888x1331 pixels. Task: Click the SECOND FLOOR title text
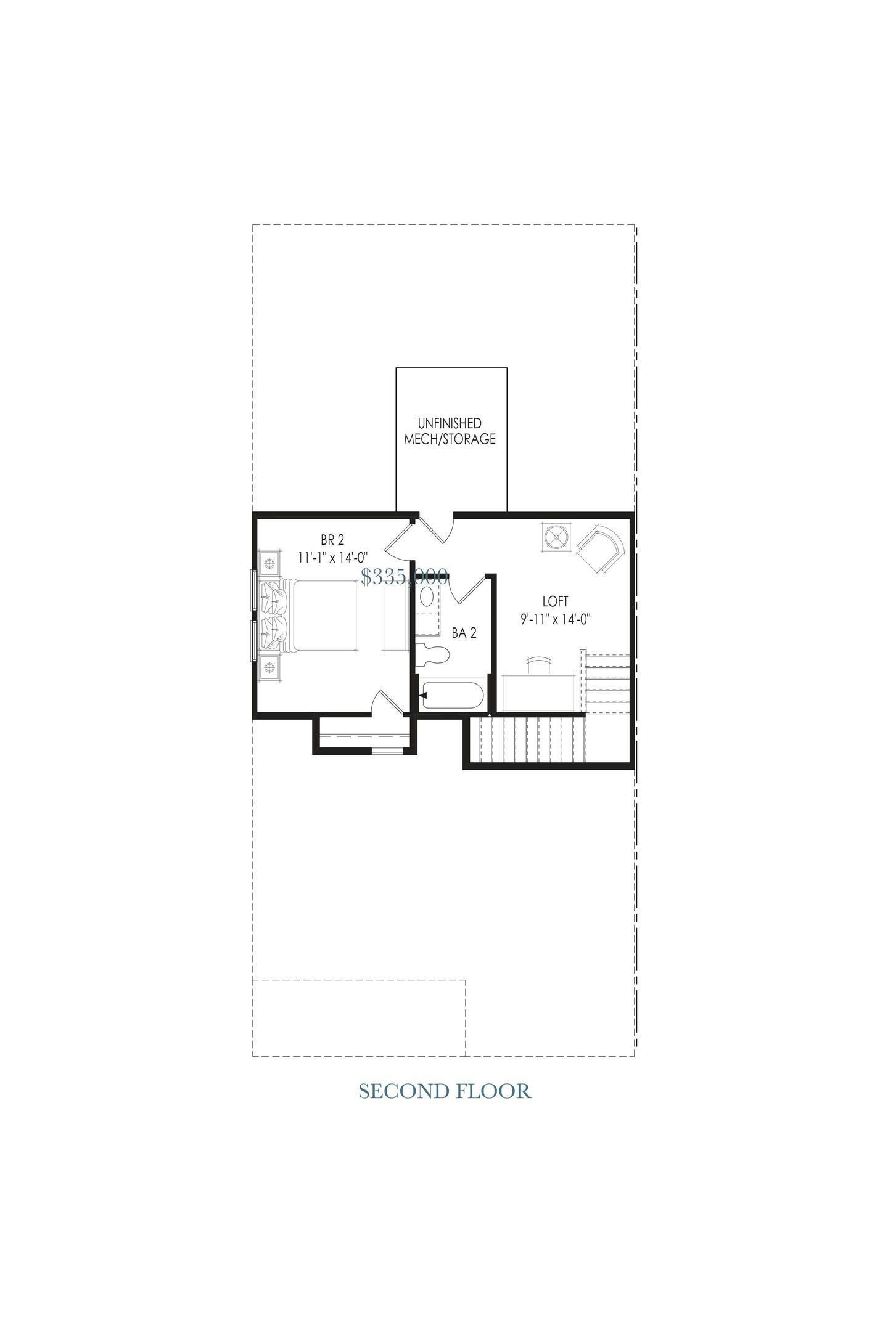point(444,1091)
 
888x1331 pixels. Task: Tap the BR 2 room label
point(332,540)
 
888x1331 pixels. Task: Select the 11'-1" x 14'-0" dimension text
point(332,558)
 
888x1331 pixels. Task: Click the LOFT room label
point(555,601)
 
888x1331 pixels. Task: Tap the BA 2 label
point(464,633)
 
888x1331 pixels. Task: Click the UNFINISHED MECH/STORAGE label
point(450,431)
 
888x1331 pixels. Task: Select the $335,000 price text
point(404,577)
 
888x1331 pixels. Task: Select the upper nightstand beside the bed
point(269,563)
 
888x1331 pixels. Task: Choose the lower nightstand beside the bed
point(269,667)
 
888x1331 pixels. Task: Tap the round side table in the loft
point(557,537)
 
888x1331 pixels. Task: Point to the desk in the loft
point(540,693)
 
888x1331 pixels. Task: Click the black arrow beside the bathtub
point(424,696)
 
